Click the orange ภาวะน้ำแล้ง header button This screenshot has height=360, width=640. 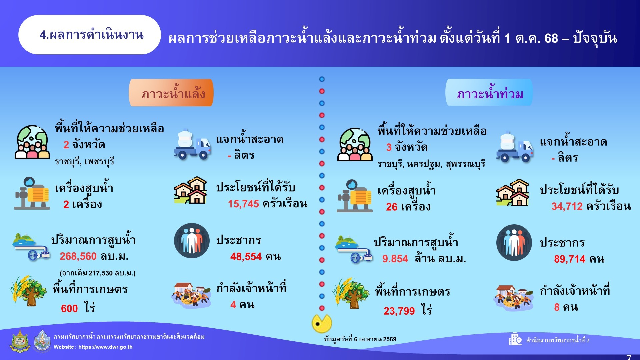click(x=171, y=93)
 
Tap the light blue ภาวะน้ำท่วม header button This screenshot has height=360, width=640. click(x=489, y=92)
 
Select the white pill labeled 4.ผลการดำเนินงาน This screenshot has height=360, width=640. click(x=90, y=35)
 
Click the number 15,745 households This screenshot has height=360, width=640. click(x=243, y=204)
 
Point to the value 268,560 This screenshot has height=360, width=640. click(x=78, y=256)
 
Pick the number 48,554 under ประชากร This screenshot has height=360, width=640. click(x=246, y=256)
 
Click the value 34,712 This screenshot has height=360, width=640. click(x=567, y=206)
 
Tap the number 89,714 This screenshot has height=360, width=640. click(x=570, y=259)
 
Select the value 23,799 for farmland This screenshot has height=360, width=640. click(x=399, y=311)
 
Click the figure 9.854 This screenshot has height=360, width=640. click(x=395, y=259)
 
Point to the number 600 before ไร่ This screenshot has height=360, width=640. click(x=69, y=309)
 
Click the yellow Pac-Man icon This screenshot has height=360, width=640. click(x=322, y=323)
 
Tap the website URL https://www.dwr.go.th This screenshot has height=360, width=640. click(x=105, y=347)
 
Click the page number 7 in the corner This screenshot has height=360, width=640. click(x=629, y=357)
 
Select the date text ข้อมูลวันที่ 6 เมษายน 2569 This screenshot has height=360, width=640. click(x=360, y=339)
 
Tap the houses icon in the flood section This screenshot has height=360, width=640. click(x=513, y=192)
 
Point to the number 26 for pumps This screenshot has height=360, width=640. click(x=392, y=207)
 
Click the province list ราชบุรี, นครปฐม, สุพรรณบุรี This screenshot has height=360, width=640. click(x=431, y=164)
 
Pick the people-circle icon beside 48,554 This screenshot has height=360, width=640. click(x=192, y=241)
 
